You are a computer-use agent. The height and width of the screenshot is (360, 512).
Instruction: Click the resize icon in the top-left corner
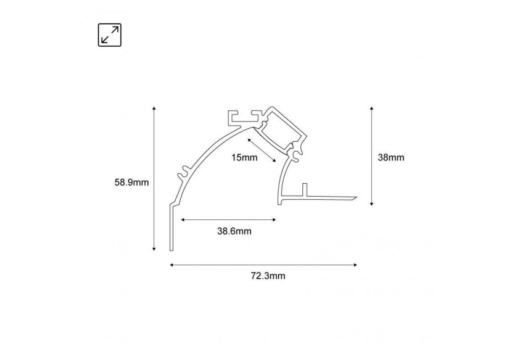pos(110,35)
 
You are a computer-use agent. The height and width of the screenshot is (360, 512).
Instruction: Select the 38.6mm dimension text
pos(234,231)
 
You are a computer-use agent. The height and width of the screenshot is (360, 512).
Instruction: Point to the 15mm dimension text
pos(244,158)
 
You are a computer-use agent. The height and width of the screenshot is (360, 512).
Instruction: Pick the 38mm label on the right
pos(390,157)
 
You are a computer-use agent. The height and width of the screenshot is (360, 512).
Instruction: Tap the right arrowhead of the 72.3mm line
pos(355,265)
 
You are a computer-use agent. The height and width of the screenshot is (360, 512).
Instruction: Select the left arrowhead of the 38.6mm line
pos(182,218)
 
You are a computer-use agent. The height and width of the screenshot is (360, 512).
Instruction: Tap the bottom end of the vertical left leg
pos(171,250)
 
